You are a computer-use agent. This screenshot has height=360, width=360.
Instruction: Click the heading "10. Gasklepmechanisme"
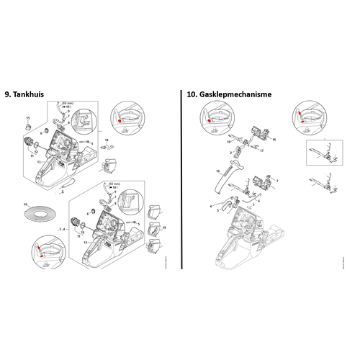click(225, 94)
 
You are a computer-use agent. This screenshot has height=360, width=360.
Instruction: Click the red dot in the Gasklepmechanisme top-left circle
click(210, 121)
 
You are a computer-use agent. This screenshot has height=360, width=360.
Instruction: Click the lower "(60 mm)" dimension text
click(113, 184)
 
